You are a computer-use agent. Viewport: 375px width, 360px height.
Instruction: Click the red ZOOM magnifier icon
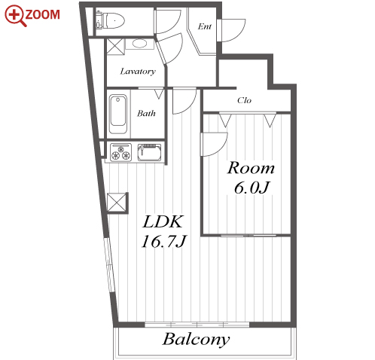coord(14,15)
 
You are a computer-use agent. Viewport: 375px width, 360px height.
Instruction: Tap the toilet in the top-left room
coord(111,20)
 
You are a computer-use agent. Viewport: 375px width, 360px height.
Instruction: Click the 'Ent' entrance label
coord(204,26)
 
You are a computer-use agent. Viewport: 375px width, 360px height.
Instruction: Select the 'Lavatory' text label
coord(138,72)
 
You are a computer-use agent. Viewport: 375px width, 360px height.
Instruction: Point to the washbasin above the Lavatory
coord(139,44)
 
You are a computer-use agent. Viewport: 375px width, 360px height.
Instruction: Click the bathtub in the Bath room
coord(118,114)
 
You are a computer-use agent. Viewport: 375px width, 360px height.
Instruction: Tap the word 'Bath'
coord(146,113)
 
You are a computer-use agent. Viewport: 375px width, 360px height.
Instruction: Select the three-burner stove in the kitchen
coord(120,152)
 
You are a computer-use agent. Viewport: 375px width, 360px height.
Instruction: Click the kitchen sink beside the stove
coord(149,152)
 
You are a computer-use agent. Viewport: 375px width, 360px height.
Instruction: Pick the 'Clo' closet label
coord(244,100)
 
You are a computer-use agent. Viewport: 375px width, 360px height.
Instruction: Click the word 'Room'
coord(251,168)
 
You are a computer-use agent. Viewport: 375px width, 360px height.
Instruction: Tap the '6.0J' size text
coord(252,188)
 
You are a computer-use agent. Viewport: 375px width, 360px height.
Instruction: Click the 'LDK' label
coord(163,221)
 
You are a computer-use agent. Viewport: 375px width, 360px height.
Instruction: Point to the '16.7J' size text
coord(163,242)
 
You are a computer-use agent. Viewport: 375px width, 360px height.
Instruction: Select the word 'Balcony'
coord(196,340)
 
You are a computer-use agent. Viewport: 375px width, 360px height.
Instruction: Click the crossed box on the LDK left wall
coord(117,203)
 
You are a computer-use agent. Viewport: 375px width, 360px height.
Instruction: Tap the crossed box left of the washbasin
coord(115,46)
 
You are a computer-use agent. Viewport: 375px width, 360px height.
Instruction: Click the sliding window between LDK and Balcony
coord(197,325)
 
